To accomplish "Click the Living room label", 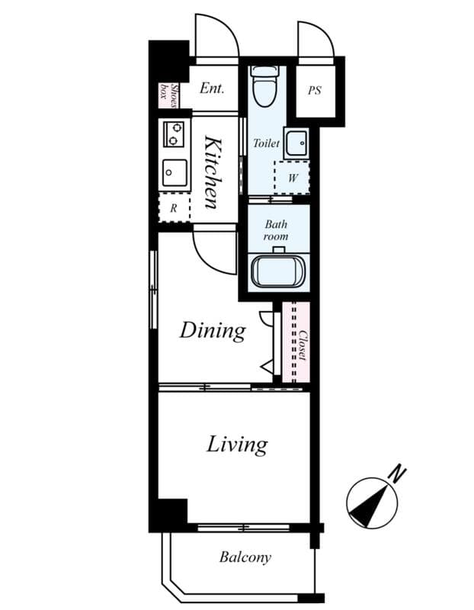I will click(236, 444).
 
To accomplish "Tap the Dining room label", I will click(213, 330).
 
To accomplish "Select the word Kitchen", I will click(213, 172).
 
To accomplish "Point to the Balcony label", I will click(245, 557).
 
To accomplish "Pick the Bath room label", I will click(276, 230).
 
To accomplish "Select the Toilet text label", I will click(266, 143).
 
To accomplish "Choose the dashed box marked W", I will click(292, 178).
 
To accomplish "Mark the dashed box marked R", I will click(173, 207).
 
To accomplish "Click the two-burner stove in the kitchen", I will click(175, 134).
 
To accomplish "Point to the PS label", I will click(315, 90).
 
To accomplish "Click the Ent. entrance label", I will click(211, 88).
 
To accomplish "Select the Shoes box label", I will click(168, 94).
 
